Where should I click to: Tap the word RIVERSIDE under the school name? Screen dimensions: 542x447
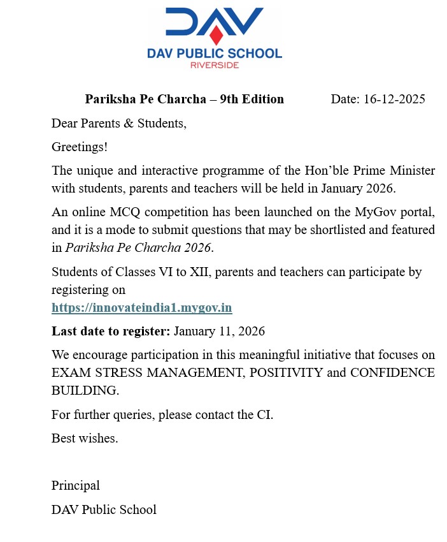coord(214,64)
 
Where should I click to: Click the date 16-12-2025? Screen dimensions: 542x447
coord(394,99)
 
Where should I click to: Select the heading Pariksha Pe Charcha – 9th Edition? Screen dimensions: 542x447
coord(185,99)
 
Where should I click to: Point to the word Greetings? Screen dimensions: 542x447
coord(80,147)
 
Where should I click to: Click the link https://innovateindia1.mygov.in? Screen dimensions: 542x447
coord(141,308)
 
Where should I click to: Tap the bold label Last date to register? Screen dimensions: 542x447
coord(111,332)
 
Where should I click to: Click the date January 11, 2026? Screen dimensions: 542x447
coord(219,332)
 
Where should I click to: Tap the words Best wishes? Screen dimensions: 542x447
coord(85,439)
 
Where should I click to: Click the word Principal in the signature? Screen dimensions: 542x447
coord(75,485)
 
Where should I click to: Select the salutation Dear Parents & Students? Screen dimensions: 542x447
coord(119,122)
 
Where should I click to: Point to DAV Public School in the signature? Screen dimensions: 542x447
coord(104,509)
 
